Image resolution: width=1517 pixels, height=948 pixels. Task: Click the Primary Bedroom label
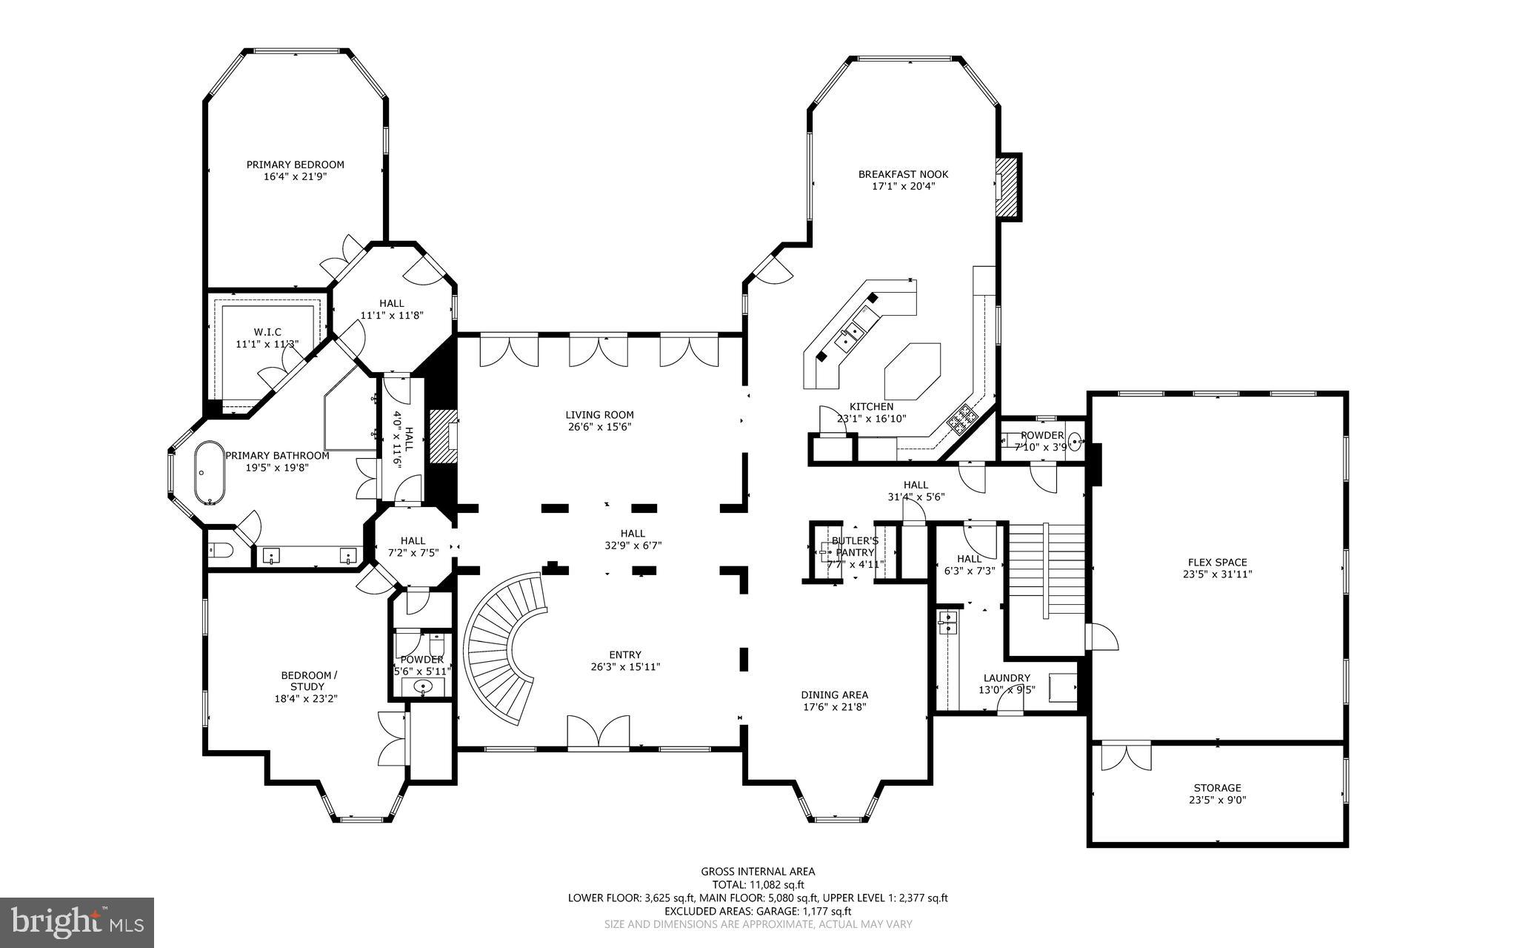point(295,165)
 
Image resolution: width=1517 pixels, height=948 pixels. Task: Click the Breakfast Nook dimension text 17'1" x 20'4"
point(903,186)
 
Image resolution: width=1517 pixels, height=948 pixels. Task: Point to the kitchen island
point(913,371)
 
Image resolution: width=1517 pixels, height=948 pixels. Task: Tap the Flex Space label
point(1217,562)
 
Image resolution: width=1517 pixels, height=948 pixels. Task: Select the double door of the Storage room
point(1126,757)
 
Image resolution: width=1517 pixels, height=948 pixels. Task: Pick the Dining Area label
point(834,695)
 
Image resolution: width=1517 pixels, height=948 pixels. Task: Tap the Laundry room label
point(1007,677)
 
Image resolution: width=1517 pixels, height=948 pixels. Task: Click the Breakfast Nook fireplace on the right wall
point(1008,188)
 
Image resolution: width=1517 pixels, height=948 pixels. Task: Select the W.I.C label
point(267,331)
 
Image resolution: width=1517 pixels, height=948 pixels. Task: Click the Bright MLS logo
point(77,921)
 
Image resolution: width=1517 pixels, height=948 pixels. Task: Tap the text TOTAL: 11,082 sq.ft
point(758,884)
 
